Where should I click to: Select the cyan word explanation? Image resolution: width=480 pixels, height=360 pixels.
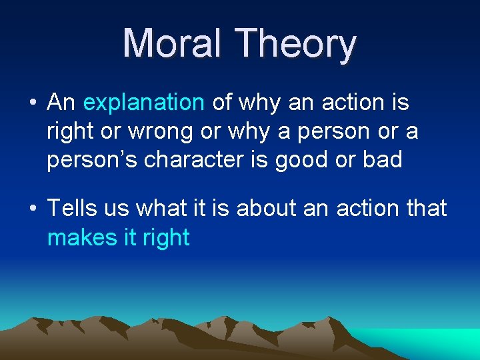click(x=143, y=103)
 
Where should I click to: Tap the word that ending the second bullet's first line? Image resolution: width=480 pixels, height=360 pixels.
click(x=423, y=209)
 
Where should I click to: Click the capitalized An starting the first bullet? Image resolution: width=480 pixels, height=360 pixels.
click(x=61, y=103)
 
